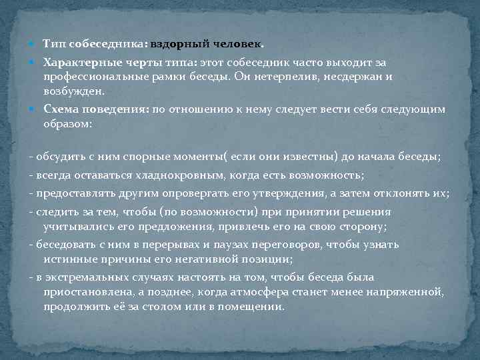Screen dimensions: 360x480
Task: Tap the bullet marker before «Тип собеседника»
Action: pyautogui.click(x=33, y=44)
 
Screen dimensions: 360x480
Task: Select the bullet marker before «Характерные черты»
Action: pyautogui.click(x=33, y=62)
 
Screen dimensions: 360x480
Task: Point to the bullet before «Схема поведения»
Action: pyautogui.click(x=33, y=109)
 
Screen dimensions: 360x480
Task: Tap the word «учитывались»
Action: pyautogui.click(x=76, y=227)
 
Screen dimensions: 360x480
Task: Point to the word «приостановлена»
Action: pyautogui.click(x=85, y=291)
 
